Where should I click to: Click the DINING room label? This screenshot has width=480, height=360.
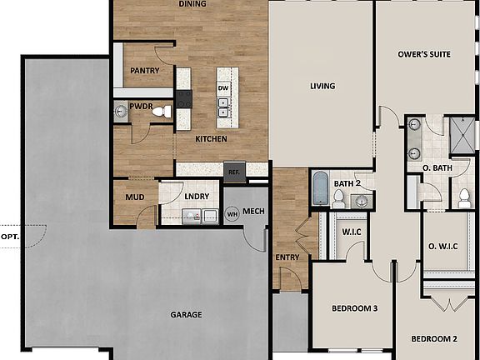(192, 4)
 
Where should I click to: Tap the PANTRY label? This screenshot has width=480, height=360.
(144, 72)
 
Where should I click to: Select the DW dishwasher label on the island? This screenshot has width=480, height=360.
(223, 87)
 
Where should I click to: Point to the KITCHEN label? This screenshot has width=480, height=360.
(212, 139)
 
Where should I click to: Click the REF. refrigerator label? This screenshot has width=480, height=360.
(234, 172)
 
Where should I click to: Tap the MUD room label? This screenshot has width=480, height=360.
(135, 198)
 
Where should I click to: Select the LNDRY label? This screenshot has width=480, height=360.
(197, 197)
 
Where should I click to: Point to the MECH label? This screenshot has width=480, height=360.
(253, 212)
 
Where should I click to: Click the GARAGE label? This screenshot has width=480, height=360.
(187, 314)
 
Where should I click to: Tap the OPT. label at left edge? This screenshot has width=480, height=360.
(10, 237)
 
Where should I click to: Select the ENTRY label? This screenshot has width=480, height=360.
(287, 257)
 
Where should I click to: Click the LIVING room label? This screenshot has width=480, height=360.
(322, 86)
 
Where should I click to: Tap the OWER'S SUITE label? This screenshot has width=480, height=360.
(426, 54)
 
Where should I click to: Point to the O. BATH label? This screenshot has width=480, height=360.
(437, 168)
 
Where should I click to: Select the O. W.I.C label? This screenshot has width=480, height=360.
(445, 246)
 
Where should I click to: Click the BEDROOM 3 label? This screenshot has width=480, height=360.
(351, 308)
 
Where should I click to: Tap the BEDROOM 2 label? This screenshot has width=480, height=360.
(433, 339)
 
